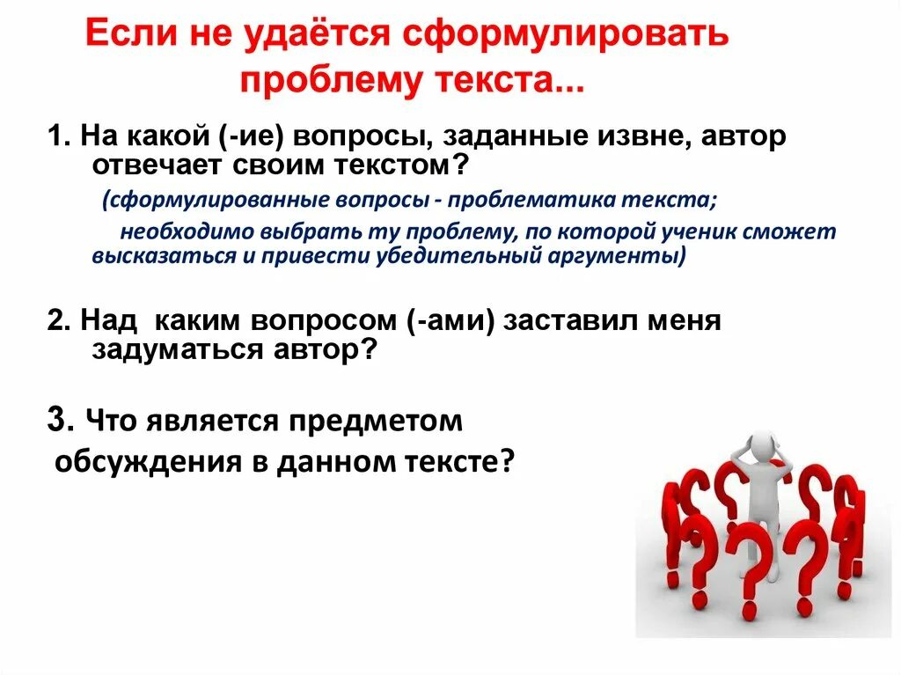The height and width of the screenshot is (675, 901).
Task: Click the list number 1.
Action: pos(55,137)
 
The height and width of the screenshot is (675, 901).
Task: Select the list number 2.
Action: pos(57,320)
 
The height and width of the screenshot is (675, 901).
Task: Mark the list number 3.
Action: pos(58,421)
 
